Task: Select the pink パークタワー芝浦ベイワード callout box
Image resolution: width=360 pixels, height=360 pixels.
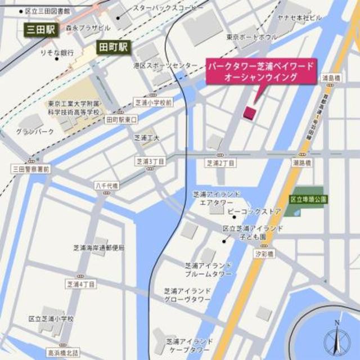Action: click(x=260, y=71)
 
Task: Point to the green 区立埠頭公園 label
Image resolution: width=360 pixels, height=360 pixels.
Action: click(x=308, y=199)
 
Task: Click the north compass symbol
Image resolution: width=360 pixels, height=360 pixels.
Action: click(x=336, y=339)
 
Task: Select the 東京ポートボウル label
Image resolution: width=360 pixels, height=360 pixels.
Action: click(x=252, y=38)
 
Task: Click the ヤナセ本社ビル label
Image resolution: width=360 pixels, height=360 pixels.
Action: click(x=299, y=17)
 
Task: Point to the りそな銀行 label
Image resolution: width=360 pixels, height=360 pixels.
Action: click(x=57, y=52)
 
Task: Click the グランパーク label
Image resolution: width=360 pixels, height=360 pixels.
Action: click(x=35, y=132)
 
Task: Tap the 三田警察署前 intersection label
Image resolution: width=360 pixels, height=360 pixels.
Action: click(x=31, y=168)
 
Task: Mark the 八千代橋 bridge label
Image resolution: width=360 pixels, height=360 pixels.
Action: click(x=106, y=185)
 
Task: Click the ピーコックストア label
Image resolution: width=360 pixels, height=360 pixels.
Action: click(x=254, y=211)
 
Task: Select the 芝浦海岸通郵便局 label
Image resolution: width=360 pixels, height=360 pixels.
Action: click(x=98, y=248)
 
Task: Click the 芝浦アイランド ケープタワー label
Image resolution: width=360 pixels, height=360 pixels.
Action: click(x=189, y=345)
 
